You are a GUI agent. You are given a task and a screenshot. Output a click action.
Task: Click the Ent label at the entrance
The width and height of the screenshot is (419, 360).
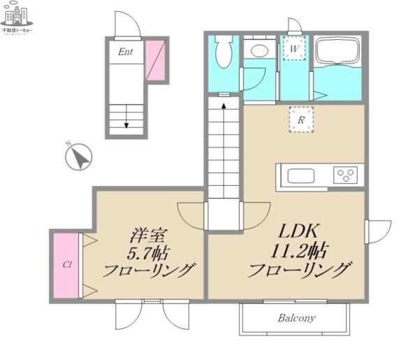[x=126, y=51]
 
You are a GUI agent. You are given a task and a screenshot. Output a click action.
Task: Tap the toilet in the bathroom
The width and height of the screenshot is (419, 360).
[x=225, y=52]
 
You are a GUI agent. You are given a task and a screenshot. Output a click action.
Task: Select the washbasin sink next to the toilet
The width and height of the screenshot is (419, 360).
[x=260, y=50]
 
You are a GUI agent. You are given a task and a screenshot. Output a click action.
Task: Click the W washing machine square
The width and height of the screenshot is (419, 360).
[x=295, y=49]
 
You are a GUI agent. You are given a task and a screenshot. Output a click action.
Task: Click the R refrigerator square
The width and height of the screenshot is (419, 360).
[x=301, y=120]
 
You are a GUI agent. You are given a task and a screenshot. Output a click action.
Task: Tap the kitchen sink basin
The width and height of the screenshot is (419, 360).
[x=300, y=175]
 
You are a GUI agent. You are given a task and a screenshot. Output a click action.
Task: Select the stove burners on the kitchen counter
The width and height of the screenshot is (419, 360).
[x=345, y=174]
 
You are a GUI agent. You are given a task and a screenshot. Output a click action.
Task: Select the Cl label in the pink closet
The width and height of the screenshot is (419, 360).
[x=68, y=265]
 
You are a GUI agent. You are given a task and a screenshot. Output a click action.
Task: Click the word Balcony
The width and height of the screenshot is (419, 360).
[x=296, y=318]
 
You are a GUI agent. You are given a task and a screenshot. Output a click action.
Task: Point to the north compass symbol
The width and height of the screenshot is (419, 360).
[x=80, y=156]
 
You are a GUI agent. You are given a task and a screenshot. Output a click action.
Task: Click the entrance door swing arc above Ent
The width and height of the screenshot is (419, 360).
[x=126, y=26]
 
